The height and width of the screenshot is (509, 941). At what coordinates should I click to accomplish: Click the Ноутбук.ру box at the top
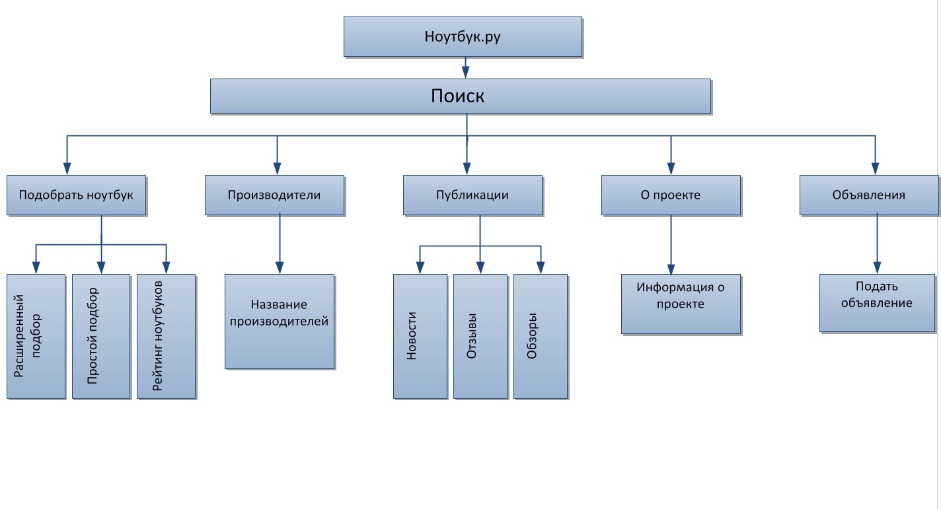point(463,37)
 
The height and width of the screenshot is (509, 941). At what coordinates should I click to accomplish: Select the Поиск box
point(460,96)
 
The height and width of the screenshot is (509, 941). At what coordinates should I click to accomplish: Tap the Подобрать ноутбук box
point(76,195)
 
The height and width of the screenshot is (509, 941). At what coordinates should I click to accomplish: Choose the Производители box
point(274,195)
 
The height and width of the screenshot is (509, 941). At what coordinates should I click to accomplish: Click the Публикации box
point(472,195)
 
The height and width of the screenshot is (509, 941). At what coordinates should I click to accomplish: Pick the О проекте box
point(671,195)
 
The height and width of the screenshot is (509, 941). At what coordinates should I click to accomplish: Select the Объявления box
point(869,195)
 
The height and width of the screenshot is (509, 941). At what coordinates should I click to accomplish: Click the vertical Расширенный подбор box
point(36,336)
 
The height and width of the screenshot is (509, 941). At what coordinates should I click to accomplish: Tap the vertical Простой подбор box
point(100,336)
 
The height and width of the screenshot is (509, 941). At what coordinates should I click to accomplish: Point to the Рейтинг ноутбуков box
point(166,336)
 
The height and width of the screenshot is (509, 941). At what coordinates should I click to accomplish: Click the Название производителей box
point(280,322)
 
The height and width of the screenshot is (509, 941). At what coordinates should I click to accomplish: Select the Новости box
point(420,336)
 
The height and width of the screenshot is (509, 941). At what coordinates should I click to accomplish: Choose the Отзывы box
point(480,336)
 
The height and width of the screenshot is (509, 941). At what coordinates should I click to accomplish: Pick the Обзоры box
point(540,336)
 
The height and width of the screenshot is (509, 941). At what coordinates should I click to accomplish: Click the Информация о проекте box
point(681,304)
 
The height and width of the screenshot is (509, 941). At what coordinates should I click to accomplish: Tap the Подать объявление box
point(877,303)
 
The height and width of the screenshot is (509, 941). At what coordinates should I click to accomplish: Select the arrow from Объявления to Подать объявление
point(877,243)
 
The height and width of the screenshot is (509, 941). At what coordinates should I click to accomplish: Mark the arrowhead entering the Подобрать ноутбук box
point(66,168)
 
